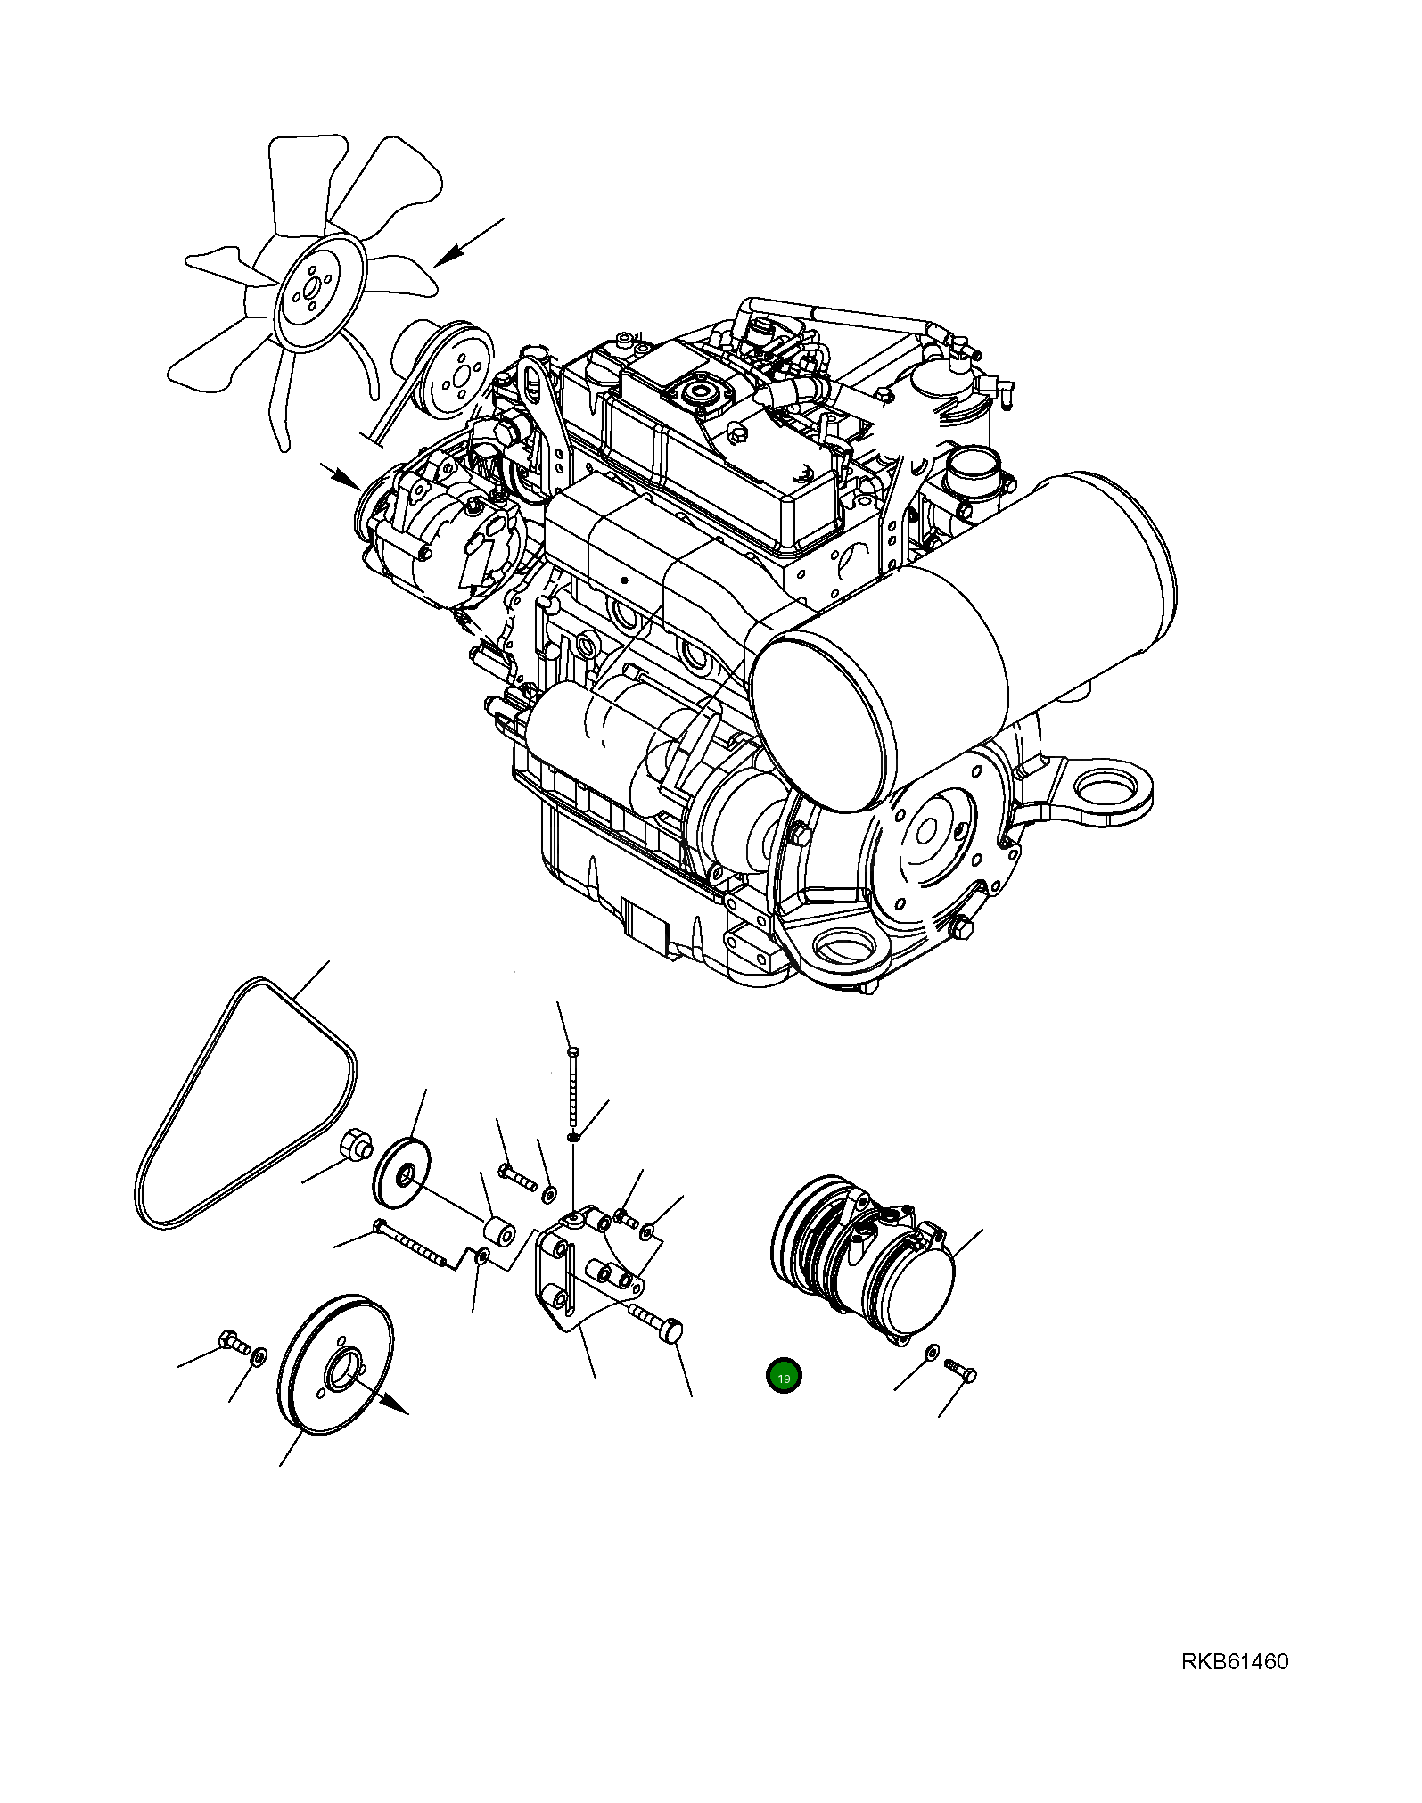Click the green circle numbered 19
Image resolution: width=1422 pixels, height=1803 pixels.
tap(784, 1378)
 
